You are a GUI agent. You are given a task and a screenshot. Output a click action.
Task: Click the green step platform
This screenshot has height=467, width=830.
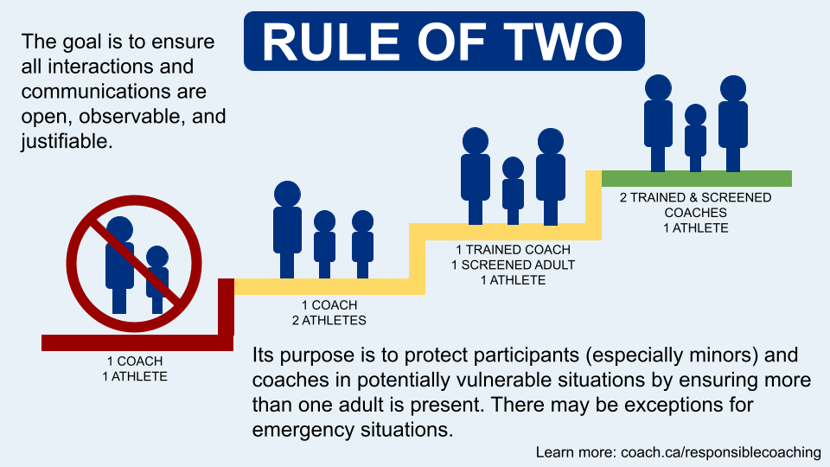(697, 178)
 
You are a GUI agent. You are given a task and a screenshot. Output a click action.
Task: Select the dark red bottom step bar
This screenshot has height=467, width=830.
(137, 343)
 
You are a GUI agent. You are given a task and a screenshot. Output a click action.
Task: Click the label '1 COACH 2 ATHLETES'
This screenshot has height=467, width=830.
(329, 313)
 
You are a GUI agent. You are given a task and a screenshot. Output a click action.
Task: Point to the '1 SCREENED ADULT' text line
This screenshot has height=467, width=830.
(513, 265)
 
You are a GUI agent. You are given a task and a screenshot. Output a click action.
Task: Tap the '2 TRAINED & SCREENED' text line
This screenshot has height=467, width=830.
(695, 197)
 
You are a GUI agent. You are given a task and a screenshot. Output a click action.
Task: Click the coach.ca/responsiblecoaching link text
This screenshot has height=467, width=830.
(721, 452)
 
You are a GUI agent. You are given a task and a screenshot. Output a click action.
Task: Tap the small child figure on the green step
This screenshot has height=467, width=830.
(695, 138)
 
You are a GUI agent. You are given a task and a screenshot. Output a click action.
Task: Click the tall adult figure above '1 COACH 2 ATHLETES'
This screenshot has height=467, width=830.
(287, 230)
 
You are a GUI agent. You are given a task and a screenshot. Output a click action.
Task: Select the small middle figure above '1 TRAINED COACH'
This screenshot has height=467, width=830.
(513, 190)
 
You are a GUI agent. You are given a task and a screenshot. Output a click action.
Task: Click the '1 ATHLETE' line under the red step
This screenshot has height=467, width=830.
(135, 376)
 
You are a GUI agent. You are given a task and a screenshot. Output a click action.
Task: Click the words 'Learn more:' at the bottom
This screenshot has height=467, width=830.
(576, 452)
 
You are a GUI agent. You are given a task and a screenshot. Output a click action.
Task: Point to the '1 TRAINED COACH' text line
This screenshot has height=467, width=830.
(513, 249)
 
